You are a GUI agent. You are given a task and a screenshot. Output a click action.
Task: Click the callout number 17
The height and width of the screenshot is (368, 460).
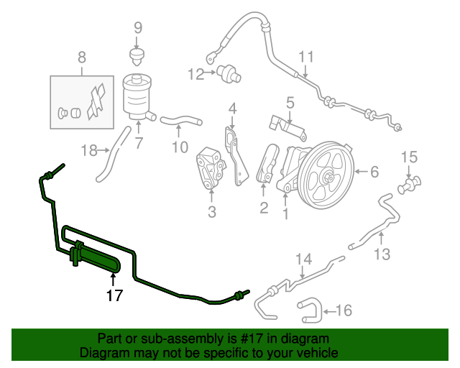(x=114, y=295)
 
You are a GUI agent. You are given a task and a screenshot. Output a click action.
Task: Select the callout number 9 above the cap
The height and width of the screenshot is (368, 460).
(x=138, y=28)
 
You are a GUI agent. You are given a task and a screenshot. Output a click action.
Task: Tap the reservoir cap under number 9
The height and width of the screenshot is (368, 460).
(x=137, y=57)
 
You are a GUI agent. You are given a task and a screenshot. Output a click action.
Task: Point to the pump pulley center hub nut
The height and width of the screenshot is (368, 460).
(x=330, y=178)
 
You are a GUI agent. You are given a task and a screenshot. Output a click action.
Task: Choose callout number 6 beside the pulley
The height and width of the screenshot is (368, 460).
(x=374, y=172)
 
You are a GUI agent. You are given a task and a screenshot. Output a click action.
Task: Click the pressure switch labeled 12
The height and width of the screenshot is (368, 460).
(x=229, y=74)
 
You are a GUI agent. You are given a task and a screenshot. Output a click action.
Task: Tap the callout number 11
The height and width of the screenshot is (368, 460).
(x=306, y=57)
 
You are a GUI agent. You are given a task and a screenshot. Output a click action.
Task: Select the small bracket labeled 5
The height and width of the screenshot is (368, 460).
(x=287, y=127)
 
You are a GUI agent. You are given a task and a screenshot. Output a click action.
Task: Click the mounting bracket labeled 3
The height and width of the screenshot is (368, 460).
(x=211, y=168)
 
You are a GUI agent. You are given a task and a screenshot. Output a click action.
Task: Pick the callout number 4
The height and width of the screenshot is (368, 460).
(x=232, y=109)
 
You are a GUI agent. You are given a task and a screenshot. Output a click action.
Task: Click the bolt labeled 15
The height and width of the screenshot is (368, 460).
(x=409, y=185)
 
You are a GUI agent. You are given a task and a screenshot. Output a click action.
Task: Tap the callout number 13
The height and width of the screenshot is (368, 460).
(x=382, y=254)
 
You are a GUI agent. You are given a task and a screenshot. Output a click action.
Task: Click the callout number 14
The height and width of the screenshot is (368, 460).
(x=303, y=259)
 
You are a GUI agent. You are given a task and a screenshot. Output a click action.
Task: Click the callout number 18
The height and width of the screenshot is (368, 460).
(x=89, y=150)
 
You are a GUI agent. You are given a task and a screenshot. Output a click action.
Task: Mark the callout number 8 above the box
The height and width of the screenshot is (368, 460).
(x=82, y=57)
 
